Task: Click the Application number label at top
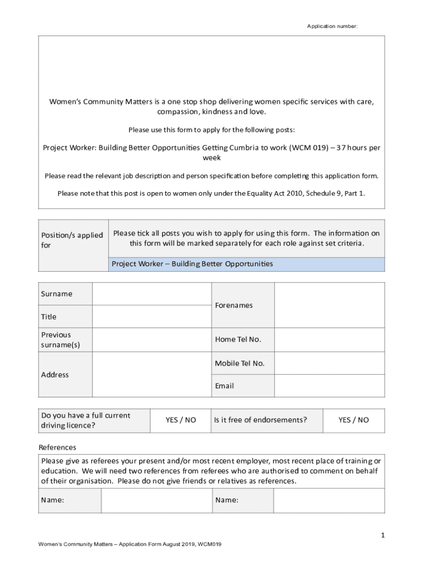point(332,26)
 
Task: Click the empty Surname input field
point(152,294)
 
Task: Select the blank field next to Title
point(152,317)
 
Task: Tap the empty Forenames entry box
point(329,305)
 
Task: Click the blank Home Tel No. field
point(329,340)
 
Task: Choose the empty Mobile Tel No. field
point(329,363)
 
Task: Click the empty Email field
point(329,386)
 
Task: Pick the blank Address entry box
point(152,374)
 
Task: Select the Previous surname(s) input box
point(152,340)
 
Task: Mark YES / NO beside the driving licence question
point(181,420)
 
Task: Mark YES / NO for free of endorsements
point(354,420)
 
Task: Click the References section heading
point(57,447)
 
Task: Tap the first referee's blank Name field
point(156,501)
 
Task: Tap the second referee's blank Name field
point(329,501)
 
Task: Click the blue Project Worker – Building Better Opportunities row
point(246,264)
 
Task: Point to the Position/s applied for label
point(72,240)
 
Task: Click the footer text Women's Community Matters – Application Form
point(129,544)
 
